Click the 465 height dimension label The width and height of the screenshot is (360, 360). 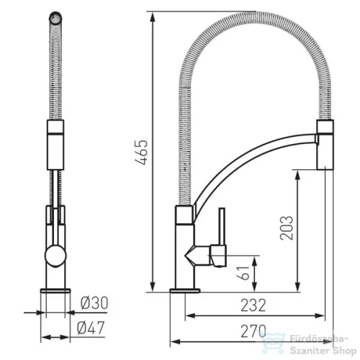point(141,152)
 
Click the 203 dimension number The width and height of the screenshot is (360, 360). point(287,228)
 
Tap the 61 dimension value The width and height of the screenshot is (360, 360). point(243,273)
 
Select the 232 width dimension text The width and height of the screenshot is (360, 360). point(253,305)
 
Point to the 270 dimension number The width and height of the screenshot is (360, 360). point(253,331)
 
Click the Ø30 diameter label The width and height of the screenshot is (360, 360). point(94,303)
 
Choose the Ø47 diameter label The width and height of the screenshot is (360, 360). point(91,328)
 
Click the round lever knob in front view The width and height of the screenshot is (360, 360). point(55,256)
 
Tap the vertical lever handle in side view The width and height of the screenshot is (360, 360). point(222,226)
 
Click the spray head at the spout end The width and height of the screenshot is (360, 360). point(325,145)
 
